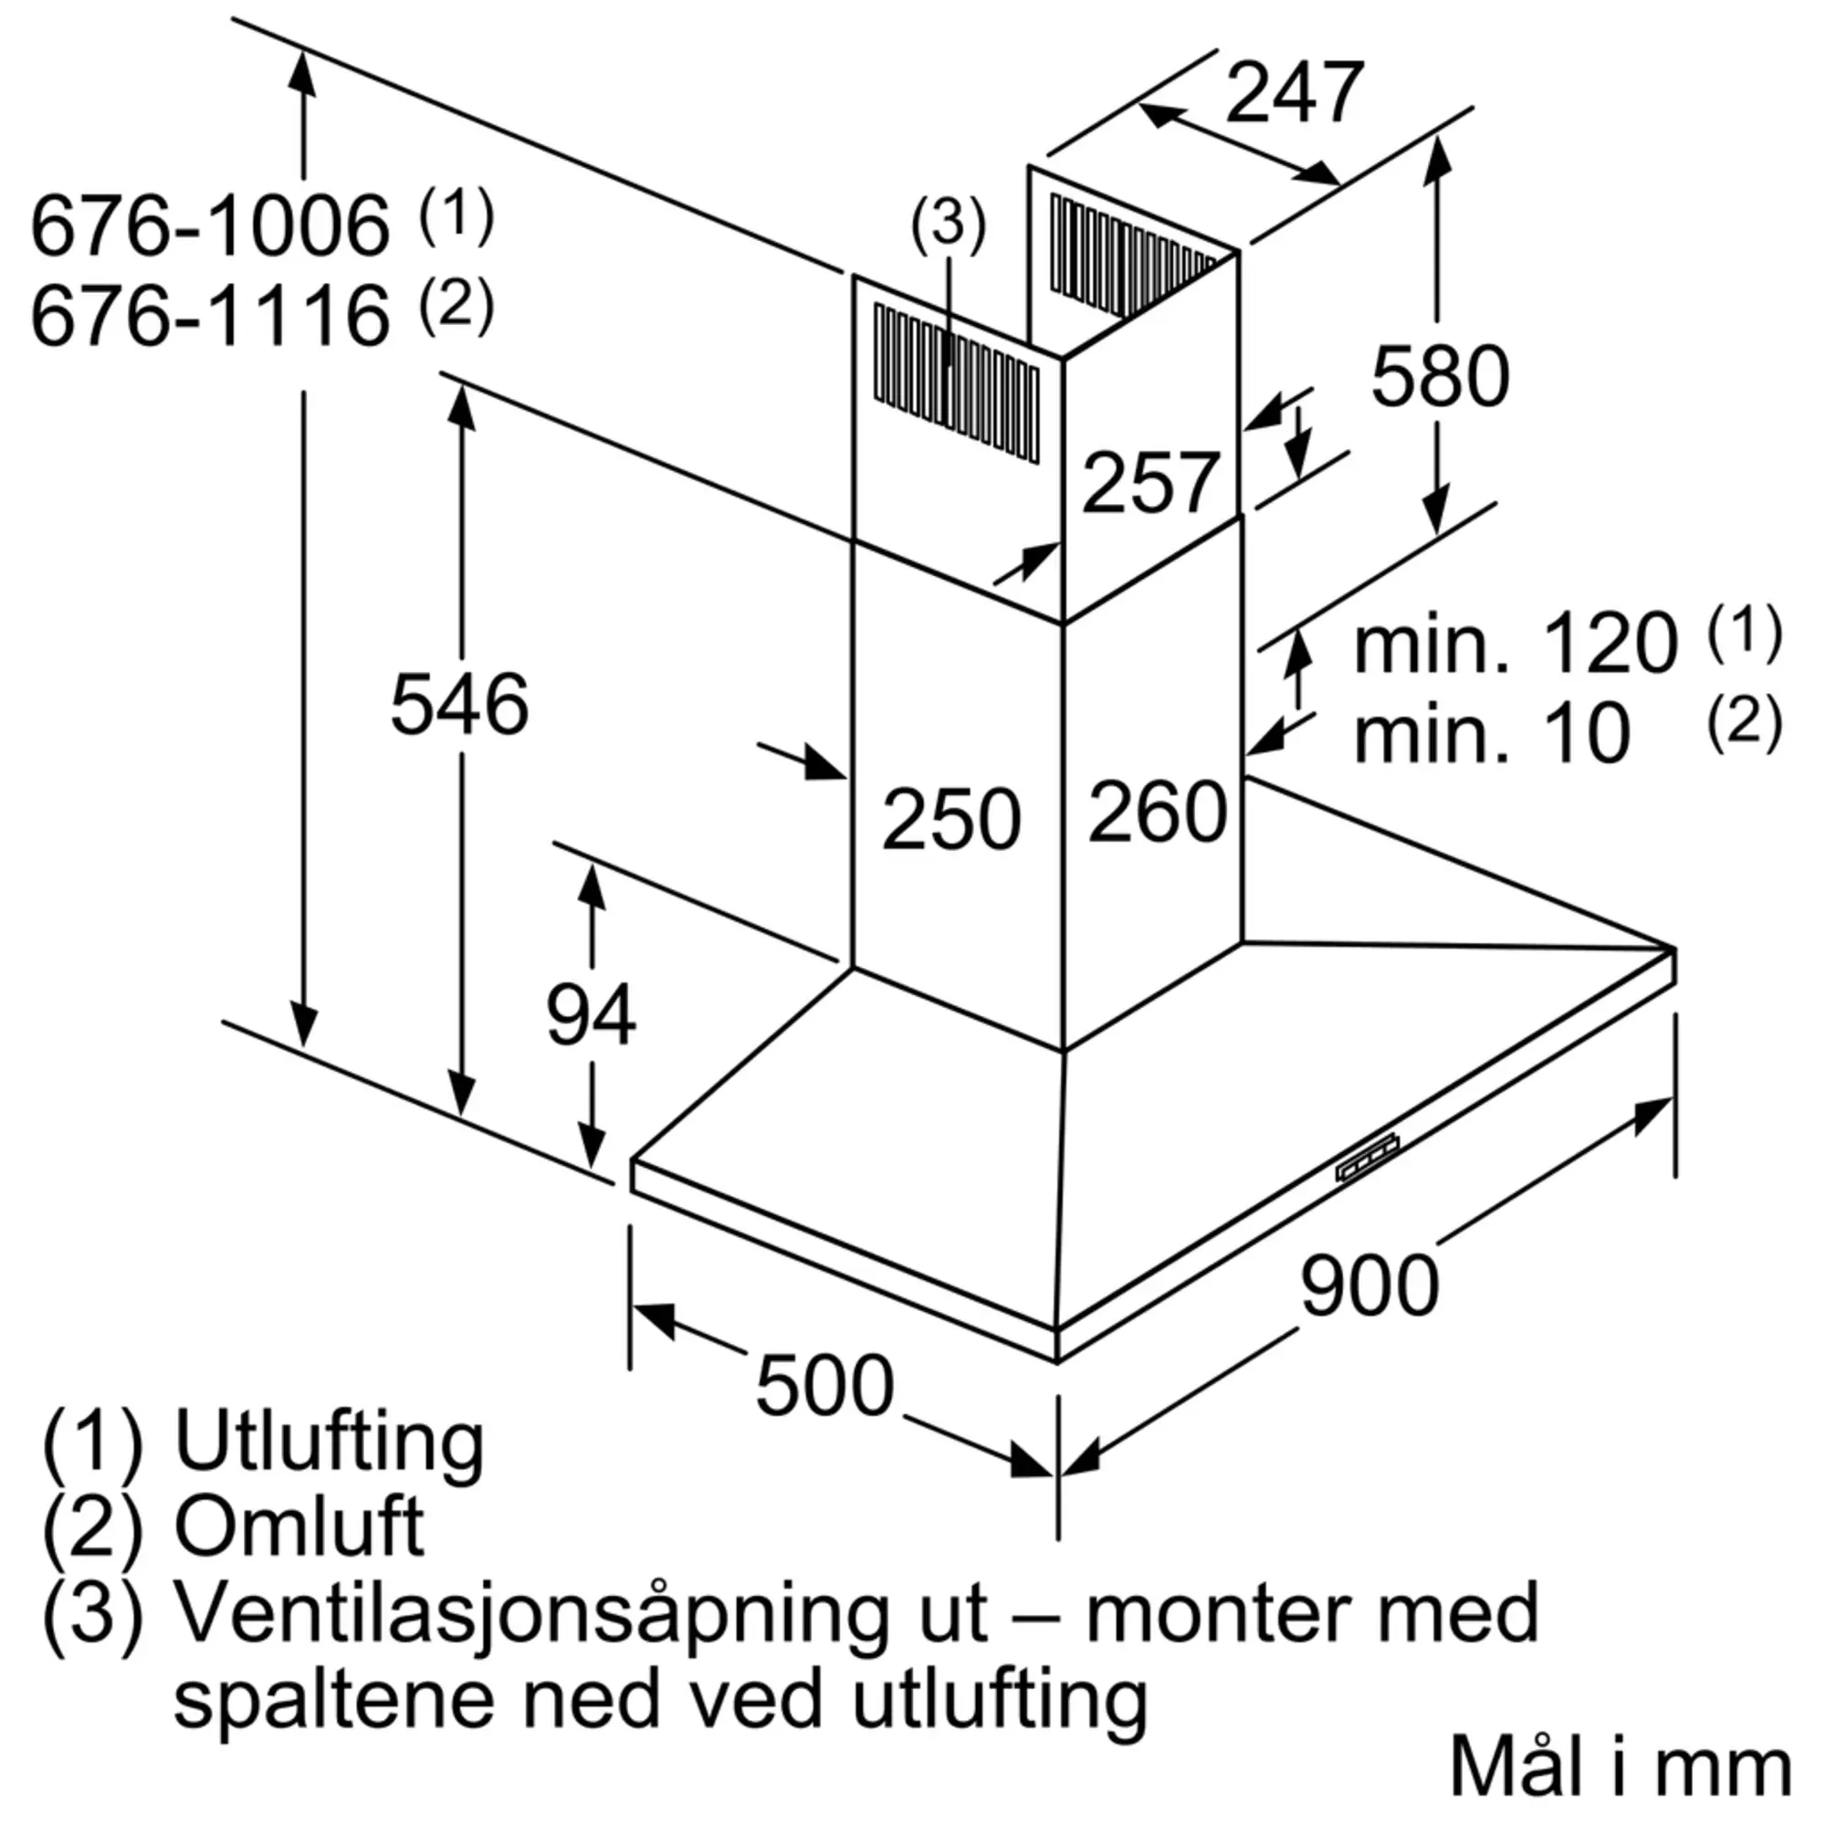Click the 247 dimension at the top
coord(1295,92)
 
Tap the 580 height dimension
coord(1441,376)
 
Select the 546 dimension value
coord(459,703)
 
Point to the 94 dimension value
coord(592,1014)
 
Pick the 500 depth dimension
coord(825,1385)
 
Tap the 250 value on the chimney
coord(951,817)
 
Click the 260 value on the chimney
coord(1158,811)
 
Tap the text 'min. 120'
coord(1515,643)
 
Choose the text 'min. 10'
coord(1493,732)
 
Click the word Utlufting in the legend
coord(329,1444)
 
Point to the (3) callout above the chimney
coord(948,224)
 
